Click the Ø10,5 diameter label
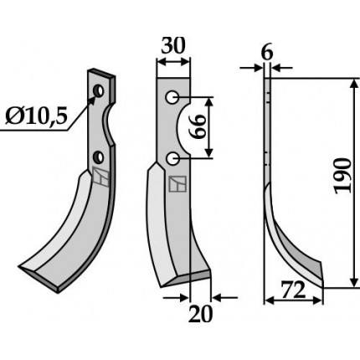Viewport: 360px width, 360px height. [x=36, y=116]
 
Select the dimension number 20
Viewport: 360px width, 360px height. [x=200, y=314]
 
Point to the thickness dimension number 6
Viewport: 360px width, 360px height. [x=267, y=53]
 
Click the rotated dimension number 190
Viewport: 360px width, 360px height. [x=342, y=176]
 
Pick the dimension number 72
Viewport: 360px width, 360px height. [x=292, y=291]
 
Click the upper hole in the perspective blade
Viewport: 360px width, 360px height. [x=99, y=90]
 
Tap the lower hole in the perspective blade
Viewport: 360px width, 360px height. [x=99, y=157]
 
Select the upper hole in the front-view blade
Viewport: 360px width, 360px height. [x=172, y=97]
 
